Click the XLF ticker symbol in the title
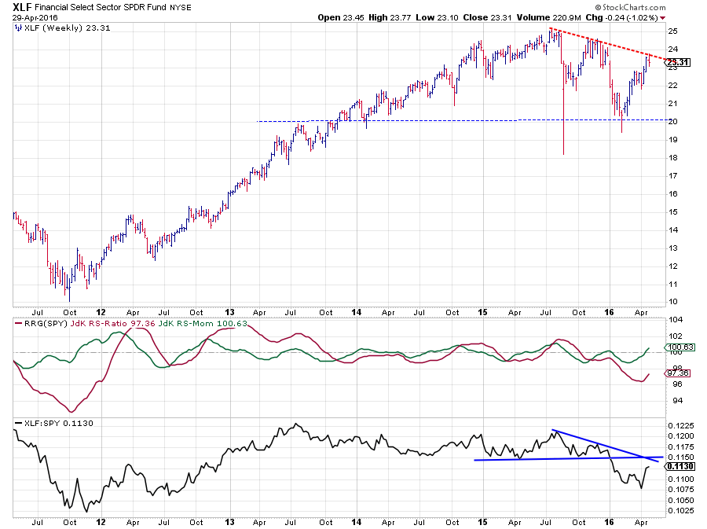(x=21, y=6)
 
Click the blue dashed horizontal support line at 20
(x=393, y=121)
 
